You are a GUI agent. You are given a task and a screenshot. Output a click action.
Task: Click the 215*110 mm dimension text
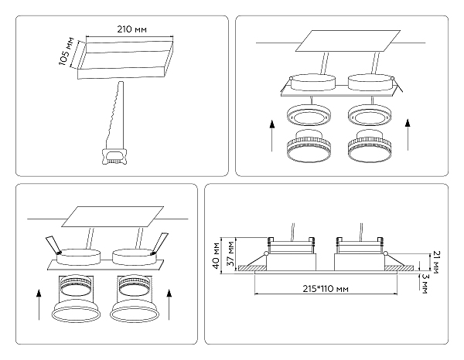pos(323,288)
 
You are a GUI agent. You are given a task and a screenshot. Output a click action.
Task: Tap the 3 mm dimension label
pos(437,280)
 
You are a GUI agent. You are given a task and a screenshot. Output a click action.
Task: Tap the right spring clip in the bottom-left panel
pos(159,244)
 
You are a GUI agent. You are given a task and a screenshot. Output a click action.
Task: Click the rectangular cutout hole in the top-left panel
pos(122,59)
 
